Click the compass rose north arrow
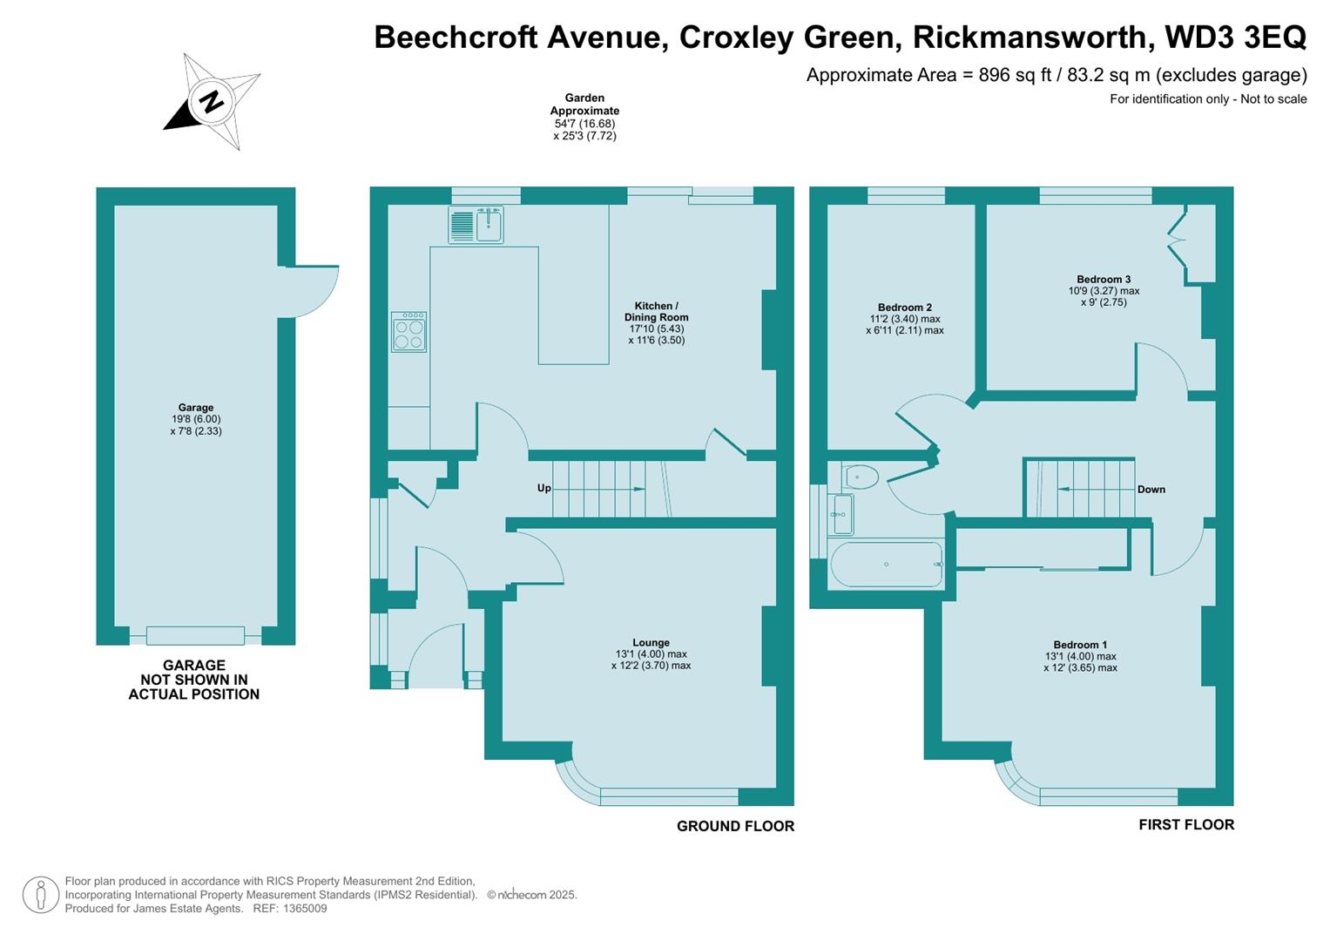tap(212, 101)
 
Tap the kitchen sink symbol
tap(476, 224)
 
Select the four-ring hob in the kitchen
tap(409, 332)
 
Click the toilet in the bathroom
tap(861, 477)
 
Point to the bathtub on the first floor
tap(887, 565)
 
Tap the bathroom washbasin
tap(841, 514)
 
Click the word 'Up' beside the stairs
tap(543, 488)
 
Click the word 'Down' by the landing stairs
tap(1151, 490)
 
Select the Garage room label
tap(196, 408)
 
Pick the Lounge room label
tap(651, 643)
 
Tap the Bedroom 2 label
tap(904, 308)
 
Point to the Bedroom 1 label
tap(1080, 646)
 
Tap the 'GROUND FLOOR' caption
tap(735, 826)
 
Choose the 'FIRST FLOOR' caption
tap(1185, 824)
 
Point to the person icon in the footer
tap(40, 895)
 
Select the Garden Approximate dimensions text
tap(584, 117)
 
